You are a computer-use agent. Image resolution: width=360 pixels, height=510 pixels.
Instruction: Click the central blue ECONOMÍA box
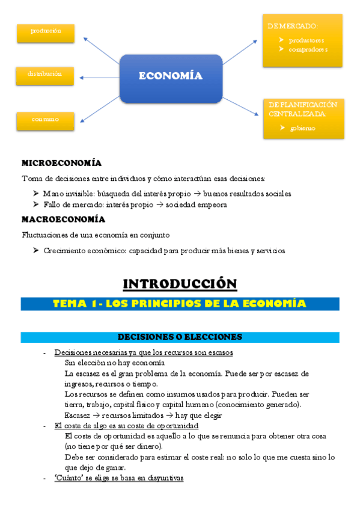171,76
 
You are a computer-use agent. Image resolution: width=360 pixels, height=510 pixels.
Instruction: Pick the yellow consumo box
46,119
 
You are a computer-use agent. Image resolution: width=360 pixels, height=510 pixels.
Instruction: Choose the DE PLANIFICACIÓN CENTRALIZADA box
304,118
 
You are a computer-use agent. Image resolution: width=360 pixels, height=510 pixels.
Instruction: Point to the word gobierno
302,128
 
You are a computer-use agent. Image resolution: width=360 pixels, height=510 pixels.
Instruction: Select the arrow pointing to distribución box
99,77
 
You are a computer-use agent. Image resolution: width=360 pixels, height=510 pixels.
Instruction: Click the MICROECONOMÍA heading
61,163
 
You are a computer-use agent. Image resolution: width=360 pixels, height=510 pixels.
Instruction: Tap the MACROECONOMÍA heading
63,219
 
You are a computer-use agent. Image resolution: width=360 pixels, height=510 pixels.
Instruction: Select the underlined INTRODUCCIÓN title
180,283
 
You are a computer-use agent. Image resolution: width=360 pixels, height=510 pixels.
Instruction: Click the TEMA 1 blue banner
180,304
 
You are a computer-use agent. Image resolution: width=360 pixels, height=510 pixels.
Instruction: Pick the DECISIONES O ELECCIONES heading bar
180,337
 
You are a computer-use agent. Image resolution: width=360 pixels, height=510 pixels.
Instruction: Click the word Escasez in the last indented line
77,415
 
